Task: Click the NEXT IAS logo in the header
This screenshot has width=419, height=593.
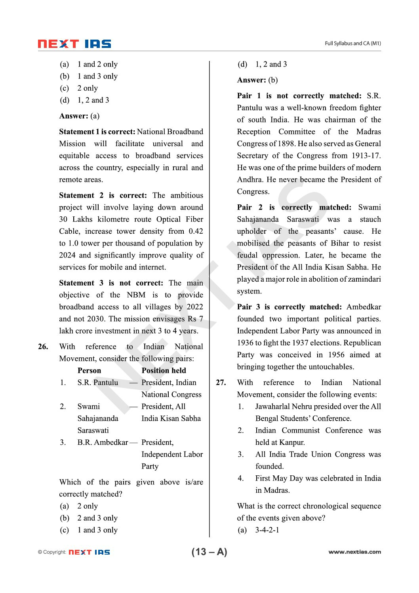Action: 74,44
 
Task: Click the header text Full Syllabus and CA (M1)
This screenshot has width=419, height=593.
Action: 352,44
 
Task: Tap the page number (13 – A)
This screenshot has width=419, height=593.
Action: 209,552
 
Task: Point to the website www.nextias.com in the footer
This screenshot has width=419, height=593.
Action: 354,552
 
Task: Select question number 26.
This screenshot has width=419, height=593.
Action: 43,347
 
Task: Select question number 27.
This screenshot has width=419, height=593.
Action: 221,383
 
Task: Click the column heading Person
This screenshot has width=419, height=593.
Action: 89,371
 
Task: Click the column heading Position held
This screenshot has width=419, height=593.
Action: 164,371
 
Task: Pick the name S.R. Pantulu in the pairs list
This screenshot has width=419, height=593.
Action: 98,383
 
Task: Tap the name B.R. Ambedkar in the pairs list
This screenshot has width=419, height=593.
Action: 103,442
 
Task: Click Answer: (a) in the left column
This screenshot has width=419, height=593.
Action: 79,116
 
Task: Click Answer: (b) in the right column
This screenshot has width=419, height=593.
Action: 257,80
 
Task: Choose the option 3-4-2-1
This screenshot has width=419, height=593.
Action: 267,530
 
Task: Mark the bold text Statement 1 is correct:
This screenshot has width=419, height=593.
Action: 97,132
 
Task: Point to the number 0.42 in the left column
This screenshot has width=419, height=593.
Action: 196,231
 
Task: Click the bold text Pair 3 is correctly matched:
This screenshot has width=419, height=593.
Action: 289,307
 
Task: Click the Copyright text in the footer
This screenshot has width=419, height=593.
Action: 52,552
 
